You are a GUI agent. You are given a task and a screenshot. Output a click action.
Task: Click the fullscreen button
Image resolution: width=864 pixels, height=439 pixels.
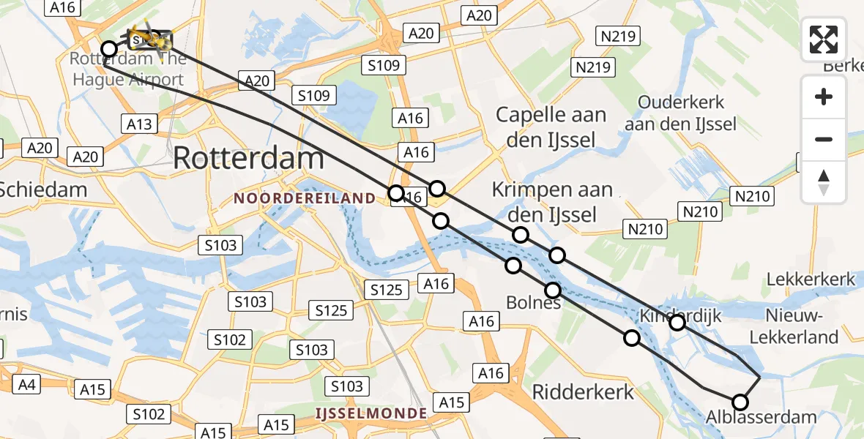(824, 40)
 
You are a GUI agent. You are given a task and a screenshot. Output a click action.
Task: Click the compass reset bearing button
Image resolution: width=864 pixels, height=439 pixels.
(824, 182)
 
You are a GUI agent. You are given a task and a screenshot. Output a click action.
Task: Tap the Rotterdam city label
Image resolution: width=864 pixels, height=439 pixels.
(249, 158)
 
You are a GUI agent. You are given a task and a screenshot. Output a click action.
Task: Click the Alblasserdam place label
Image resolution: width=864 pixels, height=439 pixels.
(761, 418)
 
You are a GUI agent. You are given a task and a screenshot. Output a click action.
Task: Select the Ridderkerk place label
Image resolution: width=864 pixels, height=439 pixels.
(583, 391)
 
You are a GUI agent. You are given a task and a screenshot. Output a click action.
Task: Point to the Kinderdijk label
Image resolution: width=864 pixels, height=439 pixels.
(681, 316)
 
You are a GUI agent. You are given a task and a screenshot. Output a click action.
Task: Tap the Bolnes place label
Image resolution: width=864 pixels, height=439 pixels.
(533, 301)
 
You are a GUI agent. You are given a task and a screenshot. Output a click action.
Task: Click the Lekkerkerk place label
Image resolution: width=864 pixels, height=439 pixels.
(811, 279)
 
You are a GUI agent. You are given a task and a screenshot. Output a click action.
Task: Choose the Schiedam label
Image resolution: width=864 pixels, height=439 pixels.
(42, 190)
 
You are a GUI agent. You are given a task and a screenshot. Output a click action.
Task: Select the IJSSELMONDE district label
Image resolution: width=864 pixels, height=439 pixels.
(371, 413)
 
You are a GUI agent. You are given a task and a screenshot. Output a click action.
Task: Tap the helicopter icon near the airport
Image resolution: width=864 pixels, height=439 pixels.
(146, 36)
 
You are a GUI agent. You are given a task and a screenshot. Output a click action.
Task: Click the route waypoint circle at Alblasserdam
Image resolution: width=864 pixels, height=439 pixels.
(740, 402)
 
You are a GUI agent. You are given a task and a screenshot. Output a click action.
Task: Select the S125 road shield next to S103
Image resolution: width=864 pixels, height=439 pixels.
(330, 310)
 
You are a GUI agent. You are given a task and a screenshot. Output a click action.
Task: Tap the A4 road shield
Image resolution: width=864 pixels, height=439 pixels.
(24, 385)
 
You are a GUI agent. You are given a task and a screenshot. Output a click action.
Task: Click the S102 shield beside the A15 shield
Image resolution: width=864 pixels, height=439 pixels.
(149, 415)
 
